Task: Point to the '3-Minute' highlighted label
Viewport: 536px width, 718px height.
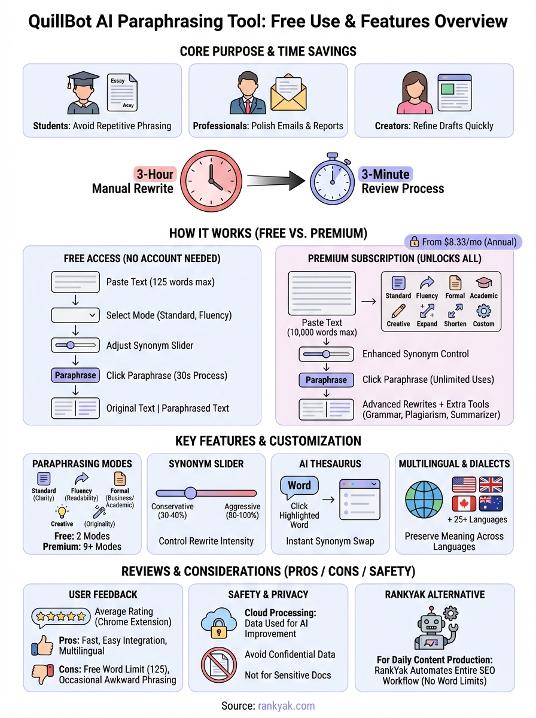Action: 385,174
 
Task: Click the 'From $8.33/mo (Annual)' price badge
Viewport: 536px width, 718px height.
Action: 463,242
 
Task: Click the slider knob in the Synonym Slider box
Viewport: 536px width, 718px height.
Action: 190,492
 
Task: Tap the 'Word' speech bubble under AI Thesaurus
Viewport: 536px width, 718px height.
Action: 299,486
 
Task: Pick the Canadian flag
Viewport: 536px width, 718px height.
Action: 464,503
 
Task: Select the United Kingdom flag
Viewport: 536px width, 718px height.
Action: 491,484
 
